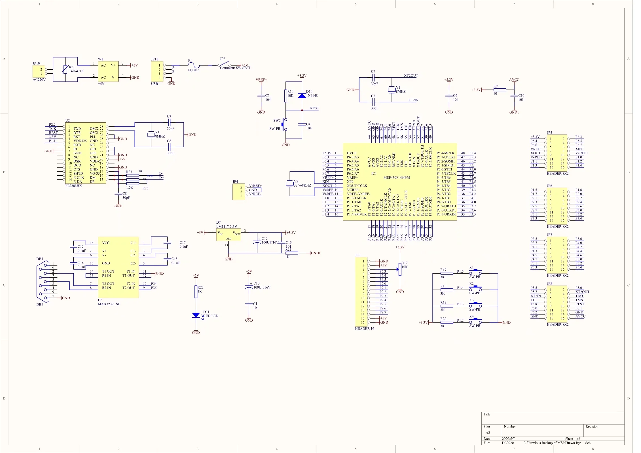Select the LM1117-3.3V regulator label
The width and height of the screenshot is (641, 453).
click(x=227, y=226)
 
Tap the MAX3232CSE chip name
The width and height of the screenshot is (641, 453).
click(x=109, y=304)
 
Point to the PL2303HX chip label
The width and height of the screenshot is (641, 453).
click(x=73, y=186)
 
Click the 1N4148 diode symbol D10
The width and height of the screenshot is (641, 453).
click(x=302, y=96)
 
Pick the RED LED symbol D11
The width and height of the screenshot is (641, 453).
click(x=196, y=315)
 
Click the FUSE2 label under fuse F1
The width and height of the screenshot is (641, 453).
click(x=193, y=70)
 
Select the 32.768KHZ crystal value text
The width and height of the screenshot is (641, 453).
click(x=302, y=185)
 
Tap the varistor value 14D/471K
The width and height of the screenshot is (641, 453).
click(x=77, y=71)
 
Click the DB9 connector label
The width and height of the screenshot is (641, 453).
click(x=40, y=305)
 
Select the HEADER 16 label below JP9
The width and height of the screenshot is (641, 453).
click(x=364, y=329)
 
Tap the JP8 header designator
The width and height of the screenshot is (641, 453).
click(x=549, y=283)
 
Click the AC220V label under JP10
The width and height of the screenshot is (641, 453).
click(x=39, y=80)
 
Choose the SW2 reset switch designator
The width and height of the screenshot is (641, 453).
click(x=277, y=120)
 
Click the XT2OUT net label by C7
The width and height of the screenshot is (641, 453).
click(x=411, y=76)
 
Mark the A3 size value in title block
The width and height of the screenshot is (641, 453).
click(x=488, y=433)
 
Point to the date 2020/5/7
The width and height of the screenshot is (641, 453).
click(x=508, y=439)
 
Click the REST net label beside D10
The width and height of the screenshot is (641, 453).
click(x=314, y=108)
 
